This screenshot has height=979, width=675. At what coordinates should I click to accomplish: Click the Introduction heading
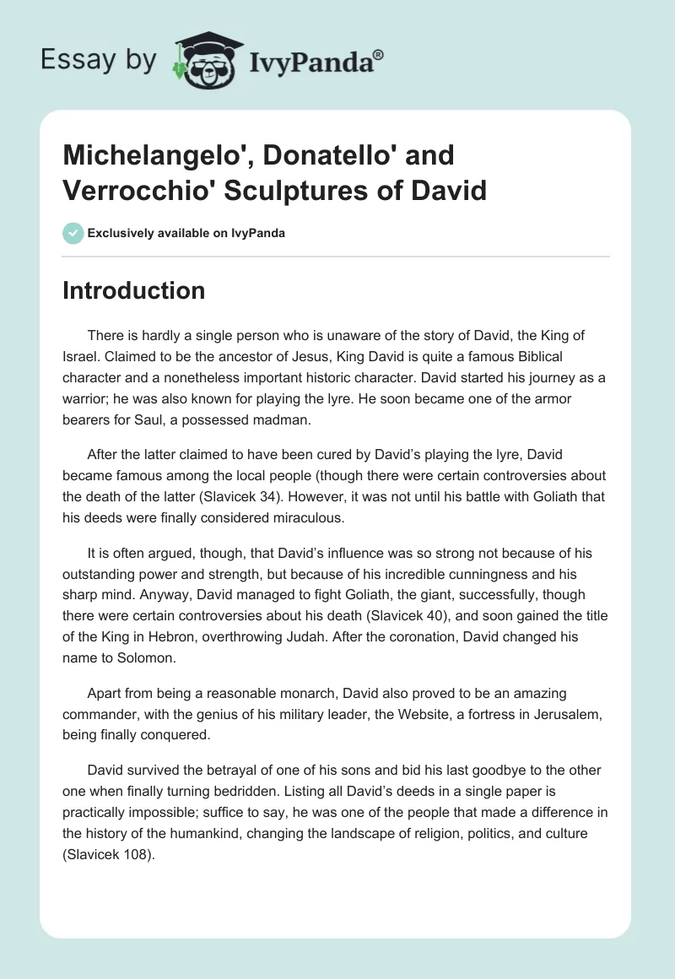coord(133,290)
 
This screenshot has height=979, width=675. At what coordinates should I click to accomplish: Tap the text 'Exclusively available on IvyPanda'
coord(185,233)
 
